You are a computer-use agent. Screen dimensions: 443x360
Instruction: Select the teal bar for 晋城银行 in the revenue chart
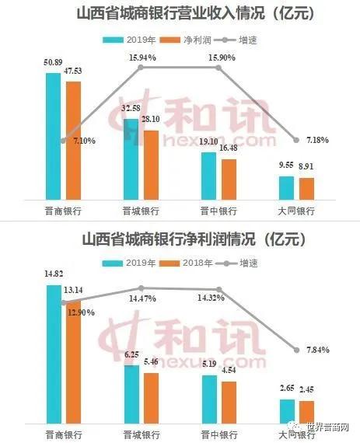pyautogui.click(x=131, y=159)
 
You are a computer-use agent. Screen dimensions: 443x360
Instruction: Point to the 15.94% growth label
pyautogui.click(x=141, y=58)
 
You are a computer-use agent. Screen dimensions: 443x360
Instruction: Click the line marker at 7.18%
pyautogui.click(x=296, y=141)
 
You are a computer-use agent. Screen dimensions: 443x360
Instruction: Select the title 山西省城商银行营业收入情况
pyautogui.click(x=180, y=13)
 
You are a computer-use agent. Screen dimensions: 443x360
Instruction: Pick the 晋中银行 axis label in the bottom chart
pyautogui.click(x=218, y=433)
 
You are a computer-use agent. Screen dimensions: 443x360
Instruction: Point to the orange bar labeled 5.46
pyautogui.click(x=150, y=397)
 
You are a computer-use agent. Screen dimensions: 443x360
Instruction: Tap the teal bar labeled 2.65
pyautogui.click(x=286, y=410)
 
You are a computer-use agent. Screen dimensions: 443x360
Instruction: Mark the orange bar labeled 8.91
pyautogui.click(x=306, y=189)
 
